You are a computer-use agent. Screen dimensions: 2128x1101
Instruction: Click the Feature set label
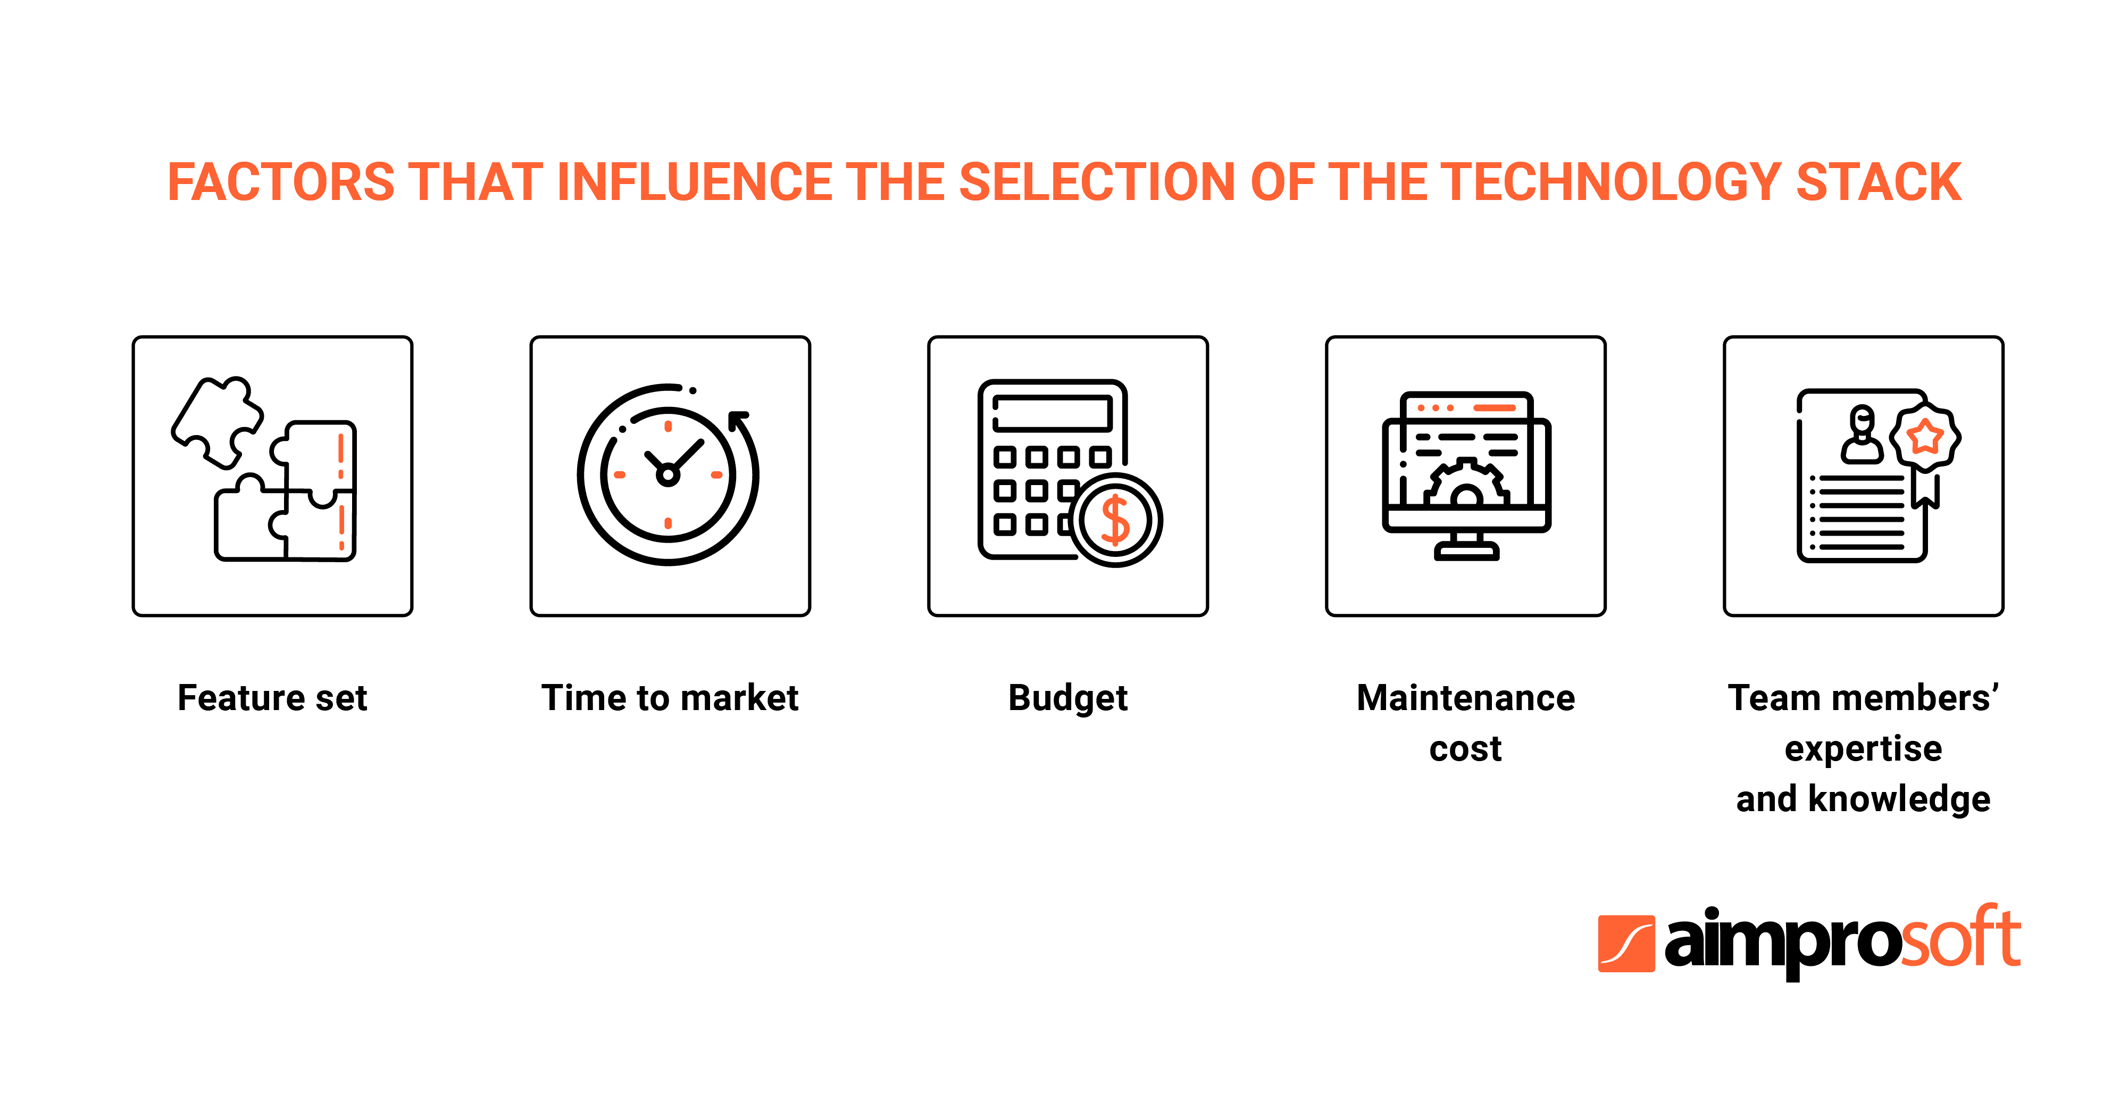tap(273, 698)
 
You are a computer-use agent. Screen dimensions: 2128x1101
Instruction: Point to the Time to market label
tap(670, 698)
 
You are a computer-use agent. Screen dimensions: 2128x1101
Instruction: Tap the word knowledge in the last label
tap(1899, 799)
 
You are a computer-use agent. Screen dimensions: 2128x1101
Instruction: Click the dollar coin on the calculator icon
tap(1115, 520)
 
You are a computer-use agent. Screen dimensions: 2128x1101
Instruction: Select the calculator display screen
tap(1053, 413)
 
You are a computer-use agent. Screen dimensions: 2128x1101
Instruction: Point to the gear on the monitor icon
tap(1466, 483)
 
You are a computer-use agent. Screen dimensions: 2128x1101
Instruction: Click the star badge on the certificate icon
tap(1925, 436)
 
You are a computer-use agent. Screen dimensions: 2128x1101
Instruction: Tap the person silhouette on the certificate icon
tap(1862, 435)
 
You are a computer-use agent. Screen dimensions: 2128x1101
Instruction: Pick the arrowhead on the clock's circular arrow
tap(738, 420)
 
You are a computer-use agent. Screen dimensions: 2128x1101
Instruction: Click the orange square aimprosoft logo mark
tap(1626, 943)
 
